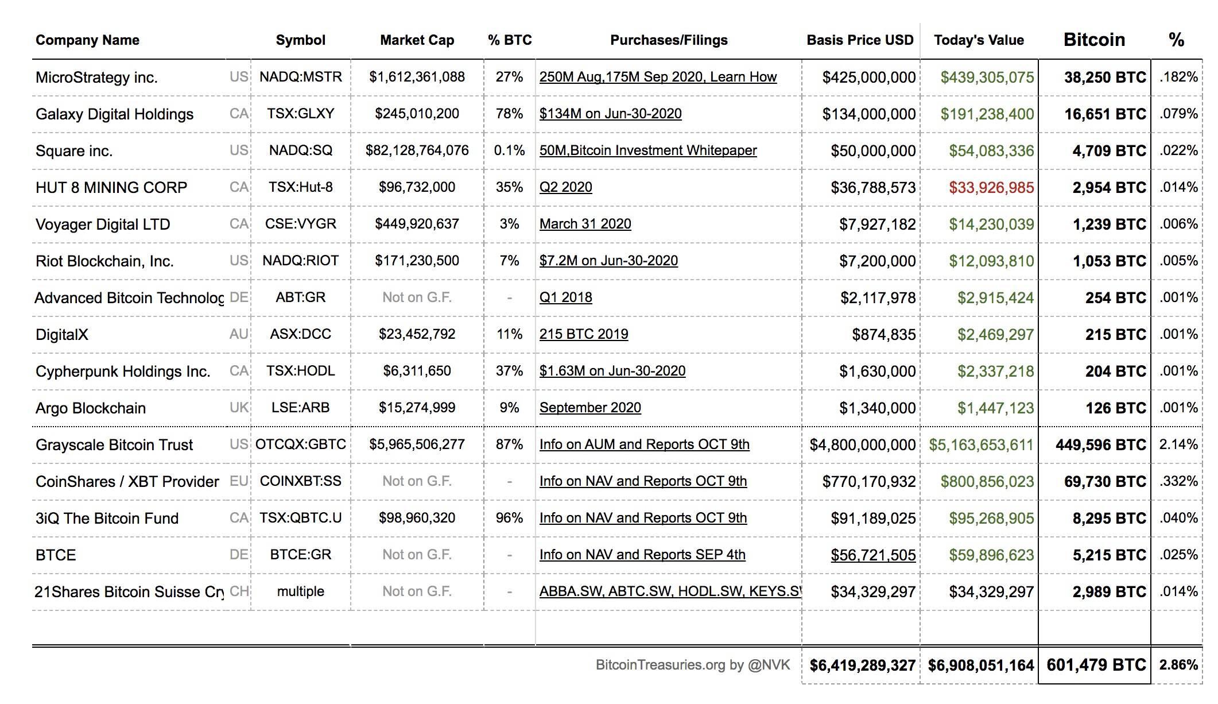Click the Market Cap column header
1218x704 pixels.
point(417,40)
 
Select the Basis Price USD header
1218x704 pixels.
point(860,40)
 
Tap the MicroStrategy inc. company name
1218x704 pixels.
point(96,78)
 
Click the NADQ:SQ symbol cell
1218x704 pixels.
point(301,150)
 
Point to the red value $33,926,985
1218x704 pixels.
point(991,188)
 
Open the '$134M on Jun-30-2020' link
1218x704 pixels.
point(611,114)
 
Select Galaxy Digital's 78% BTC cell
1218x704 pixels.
point(509,114)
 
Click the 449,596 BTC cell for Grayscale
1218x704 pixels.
point(1100,445)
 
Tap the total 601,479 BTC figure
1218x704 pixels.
point(1096,665)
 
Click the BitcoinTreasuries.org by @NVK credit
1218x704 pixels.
point(693,665)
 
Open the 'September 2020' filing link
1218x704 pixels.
point(590,408)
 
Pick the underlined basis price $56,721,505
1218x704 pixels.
point(873,555)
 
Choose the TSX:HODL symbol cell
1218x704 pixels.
point(301,371)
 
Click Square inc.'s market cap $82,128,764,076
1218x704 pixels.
point(417,150)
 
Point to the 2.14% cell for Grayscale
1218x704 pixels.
point(1178,444)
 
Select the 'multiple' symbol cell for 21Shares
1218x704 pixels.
point(301,591)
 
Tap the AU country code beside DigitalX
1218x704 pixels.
point(239,334)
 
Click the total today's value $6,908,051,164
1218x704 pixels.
point(981,666)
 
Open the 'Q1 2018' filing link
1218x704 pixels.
point(566,297)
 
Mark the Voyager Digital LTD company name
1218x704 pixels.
point(103,225)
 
